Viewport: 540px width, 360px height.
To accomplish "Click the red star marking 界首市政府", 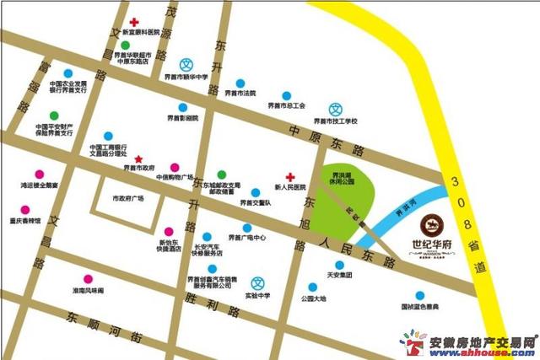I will point(139,159).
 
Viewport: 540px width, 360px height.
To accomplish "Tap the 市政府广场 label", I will point(128,198).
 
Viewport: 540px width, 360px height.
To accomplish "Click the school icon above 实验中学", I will point(260,282).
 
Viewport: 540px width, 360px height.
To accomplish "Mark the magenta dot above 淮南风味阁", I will point(88,279).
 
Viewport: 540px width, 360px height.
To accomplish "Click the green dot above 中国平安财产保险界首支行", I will point(54,115).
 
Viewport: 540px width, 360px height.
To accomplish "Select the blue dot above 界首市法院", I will point(240,83).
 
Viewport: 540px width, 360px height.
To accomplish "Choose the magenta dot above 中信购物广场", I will point(175,167).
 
